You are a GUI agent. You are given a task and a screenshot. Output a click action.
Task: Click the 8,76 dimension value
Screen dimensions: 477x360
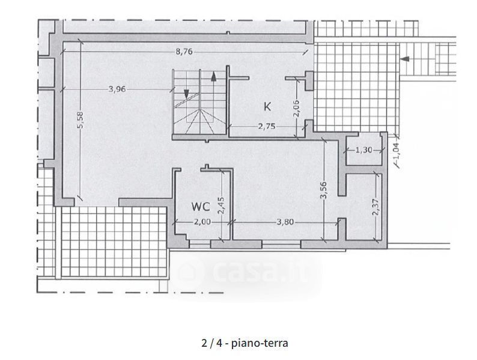pyautogui.click(x=184, y=52)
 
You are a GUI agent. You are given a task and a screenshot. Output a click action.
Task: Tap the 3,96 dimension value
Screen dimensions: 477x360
pyautogui.click(x=117, y=89)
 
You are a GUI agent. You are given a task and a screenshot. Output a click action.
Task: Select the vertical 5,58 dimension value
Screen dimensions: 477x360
pyautogui.click(x=80, y=120)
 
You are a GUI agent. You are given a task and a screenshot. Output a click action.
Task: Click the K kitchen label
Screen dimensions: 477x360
pyautogui.click(x=267, y=107)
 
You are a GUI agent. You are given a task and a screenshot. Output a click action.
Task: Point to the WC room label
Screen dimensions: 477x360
pyautogui.click(x=201, y=207)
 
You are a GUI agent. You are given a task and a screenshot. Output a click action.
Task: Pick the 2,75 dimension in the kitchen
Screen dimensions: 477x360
pyautogui.click(x=267, y=126)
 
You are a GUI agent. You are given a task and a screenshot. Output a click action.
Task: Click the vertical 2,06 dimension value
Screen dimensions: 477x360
pyautogui.click(x=297, y=108)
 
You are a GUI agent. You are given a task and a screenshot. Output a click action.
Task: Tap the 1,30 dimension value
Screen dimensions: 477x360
pyautogui.click(x=364, y=150)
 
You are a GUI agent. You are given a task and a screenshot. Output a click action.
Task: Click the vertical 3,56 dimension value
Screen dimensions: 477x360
pyautogui.click(x=323, y=190)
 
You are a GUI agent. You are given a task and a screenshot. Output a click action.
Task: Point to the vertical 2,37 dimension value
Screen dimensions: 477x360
pyautogui.click(x=376, y=207)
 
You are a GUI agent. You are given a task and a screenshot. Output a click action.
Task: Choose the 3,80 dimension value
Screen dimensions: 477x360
pyautogui.click(x=285, y=222)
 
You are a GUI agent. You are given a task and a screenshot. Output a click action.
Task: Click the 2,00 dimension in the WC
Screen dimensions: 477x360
pyautogui.click(x=202, y=222)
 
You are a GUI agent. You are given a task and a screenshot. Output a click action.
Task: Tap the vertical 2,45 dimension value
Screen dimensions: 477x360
pyautogui.click(x=222, y=206)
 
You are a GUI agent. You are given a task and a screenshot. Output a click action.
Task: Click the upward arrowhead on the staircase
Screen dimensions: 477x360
pyautogui.click(x=213, y=77)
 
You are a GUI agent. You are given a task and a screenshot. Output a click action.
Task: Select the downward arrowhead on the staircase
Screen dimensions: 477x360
pyautogui.click(x=186, y=94)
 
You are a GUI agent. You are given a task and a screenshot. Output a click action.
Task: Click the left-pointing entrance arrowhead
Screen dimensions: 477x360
pyautogui.click(x=404, y=59)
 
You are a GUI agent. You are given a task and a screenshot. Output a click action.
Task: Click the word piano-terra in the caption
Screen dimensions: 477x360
pyautogui.click(x=260, y=343)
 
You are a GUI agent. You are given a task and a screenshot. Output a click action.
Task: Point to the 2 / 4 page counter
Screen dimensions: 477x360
pyautogui.click(x=211, y=343)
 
